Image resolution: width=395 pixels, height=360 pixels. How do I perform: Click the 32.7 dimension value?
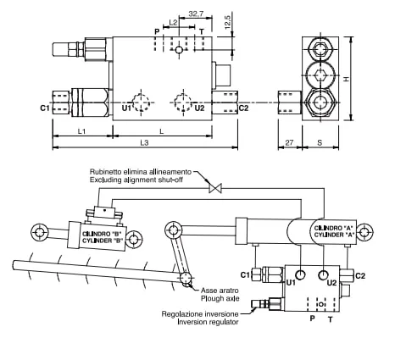tap(196, 14)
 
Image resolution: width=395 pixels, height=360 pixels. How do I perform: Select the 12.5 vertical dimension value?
tap(228, 22)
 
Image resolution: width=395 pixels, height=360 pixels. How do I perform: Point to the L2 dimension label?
tap(173, 22)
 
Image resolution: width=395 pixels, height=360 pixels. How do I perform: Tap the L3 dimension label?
tap(144, 142)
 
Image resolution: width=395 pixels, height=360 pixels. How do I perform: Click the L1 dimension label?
tap(81, 131)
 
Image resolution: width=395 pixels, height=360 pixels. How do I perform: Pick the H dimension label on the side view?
tap(347, 79)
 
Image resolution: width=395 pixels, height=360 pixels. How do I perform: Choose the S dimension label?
tap(320, 142)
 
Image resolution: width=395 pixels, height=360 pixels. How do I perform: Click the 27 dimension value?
tap(289, 142)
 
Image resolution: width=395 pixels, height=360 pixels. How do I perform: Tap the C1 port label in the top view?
tap(45, 108)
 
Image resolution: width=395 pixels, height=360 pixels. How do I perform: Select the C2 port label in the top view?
tap(243, 108)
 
